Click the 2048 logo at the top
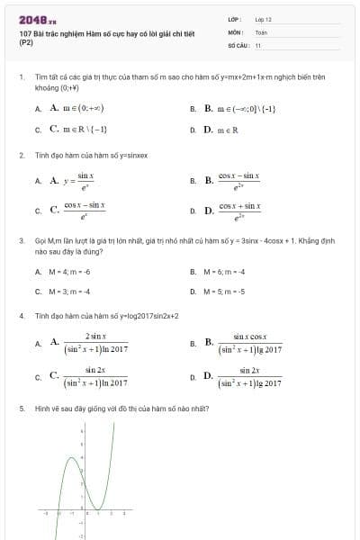38,18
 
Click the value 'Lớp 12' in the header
263,18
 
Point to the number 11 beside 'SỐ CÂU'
258,44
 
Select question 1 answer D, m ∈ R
221,130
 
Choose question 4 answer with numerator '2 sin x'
90,342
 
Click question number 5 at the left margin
21,409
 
